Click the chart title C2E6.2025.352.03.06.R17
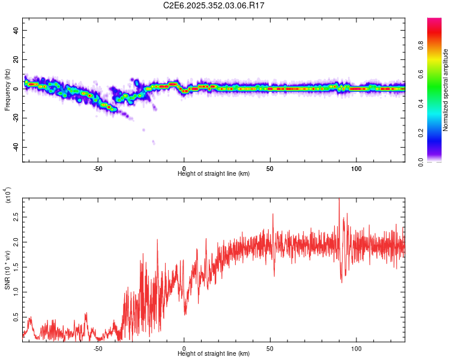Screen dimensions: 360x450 (x=214, y=5)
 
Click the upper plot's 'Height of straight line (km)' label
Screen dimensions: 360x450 (x=214, y=173)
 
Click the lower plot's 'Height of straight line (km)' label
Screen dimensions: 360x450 (x=214, y=353)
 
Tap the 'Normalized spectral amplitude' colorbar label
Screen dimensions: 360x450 (x=445, y=90)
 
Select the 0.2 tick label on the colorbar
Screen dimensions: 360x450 (x=436, y=133)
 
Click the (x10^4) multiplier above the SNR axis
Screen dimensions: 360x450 (x=8, y=195)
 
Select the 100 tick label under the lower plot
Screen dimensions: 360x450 (x=356, y=348)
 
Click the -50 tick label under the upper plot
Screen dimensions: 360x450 (x=98, y=168)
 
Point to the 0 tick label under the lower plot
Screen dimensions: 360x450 (x=184, y=348)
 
